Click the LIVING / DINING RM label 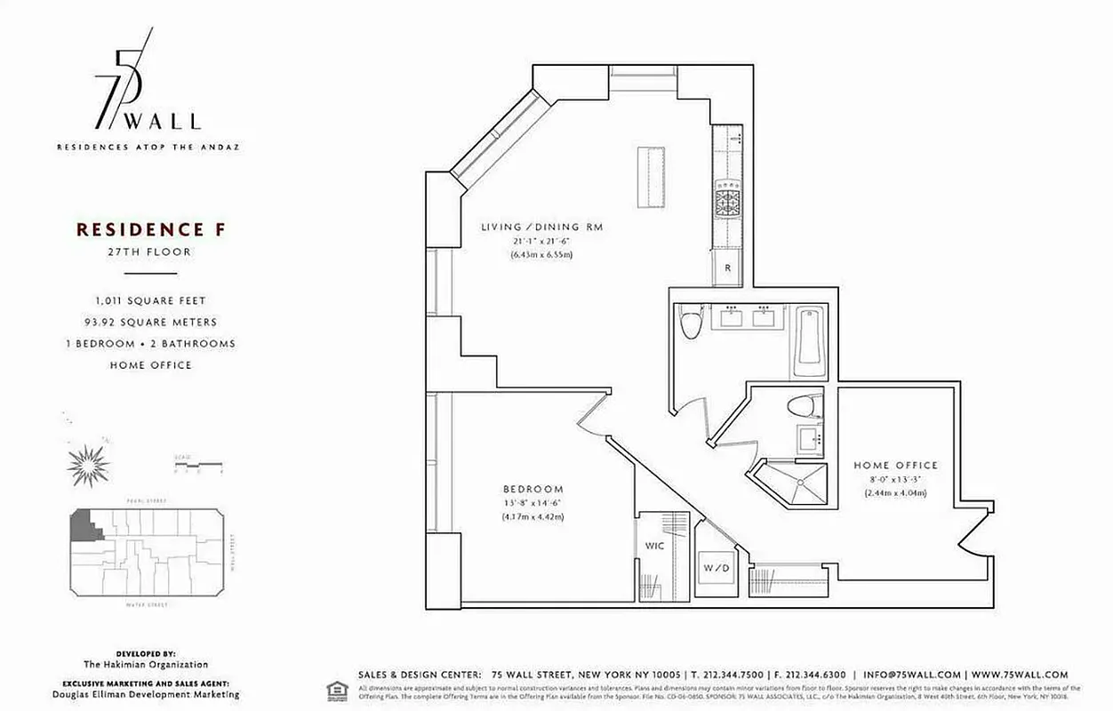[541, 228]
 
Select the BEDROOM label [533, 489]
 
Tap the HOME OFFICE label [895, 465]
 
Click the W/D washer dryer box [716, 566]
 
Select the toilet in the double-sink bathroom [691, 324]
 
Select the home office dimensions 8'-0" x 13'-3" [895, 479]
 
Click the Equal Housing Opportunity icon [337, 690]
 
